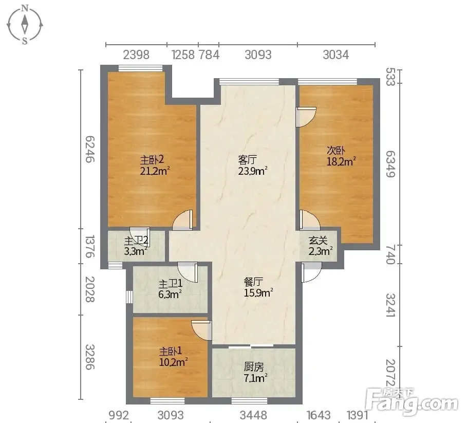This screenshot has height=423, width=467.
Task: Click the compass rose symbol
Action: coord(25,25)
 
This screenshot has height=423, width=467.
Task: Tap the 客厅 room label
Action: coord(247,160)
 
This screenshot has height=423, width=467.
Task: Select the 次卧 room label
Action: coord(335,151)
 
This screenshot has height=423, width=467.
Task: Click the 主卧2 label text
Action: coord(152,160)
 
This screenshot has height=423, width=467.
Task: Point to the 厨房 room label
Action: coord(254,366)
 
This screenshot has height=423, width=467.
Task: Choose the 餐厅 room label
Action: coord(253,282)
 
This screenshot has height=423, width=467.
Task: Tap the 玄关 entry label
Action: coord(318,240)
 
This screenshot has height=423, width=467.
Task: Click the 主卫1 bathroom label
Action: coord(171,283)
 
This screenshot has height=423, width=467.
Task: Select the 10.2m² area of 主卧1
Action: coord(173,362)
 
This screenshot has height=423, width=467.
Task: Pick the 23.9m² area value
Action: coord(253,171)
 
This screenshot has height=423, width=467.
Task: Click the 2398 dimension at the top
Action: coord(136,55)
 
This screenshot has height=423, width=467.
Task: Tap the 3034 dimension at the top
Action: coord(335,55)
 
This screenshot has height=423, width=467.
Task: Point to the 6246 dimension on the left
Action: coord(90,149)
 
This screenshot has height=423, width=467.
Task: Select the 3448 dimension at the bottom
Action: coord(253,415)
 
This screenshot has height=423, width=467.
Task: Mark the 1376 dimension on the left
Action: coord(90,246)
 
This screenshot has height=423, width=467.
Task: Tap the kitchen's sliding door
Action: coord(251,346)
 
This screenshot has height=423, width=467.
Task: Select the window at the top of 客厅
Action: coord(249,82)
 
